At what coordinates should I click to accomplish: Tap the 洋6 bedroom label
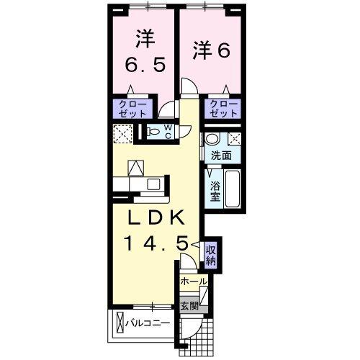tap(211, 50)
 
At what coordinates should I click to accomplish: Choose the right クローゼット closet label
tap(223, 109)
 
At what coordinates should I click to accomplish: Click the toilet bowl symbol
tap(154, 132)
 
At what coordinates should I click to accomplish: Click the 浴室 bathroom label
tap(215, 189)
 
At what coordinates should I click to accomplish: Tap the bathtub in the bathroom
tap(232, 188)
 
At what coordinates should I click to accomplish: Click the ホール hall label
tap(193, 282)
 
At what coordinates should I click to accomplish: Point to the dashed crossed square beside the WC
tap(123, 132)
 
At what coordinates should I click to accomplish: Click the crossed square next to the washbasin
tap(234, 140)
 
